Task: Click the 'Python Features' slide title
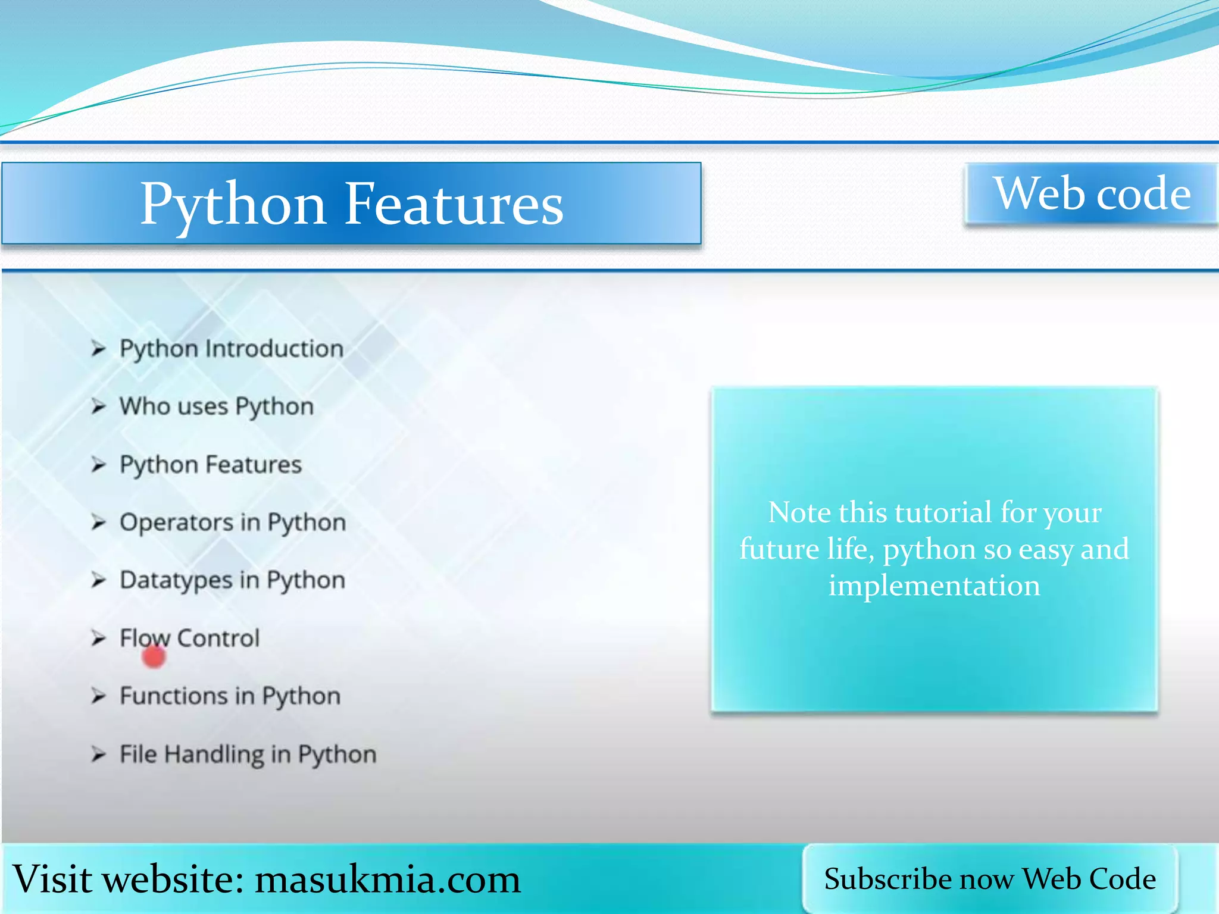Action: pyautogui.click(x=351, y=204)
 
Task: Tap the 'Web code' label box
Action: pyautogui.click(x=1092, y=193)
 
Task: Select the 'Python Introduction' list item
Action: pyautogui.click(x=232, y=349)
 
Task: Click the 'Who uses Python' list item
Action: pyautogui.click(x=216, y=406)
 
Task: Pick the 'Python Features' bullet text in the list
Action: pyautogui.click(x=211, y=465)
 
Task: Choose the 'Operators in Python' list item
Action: pyautogui.click(x=233, y=522)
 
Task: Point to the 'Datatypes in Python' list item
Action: pyautogui.click(x=232, y=580)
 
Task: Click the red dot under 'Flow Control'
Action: pyautogui.click(x=154, y=657)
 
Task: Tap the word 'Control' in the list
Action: pyautogui.click(x=218, y=638)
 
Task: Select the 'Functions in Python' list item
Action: pyautogui.click(x=230, y=696)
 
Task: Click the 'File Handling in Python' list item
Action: pyautogui.click(x=248, y=755)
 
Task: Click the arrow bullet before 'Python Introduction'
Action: pyautogui.click(x=98, y=349)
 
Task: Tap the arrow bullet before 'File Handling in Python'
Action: pyautogui.click(x=98, y=755)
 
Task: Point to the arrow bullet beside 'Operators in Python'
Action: pyautogui.click(x=98, y=522)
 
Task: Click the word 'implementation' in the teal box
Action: pyautogui.click(x=934, y=586)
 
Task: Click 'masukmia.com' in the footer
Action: pyautogui.click(x=387, y=879)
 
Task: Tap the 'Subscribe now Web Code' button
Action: pyautogui.click(x=990, y=879)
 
